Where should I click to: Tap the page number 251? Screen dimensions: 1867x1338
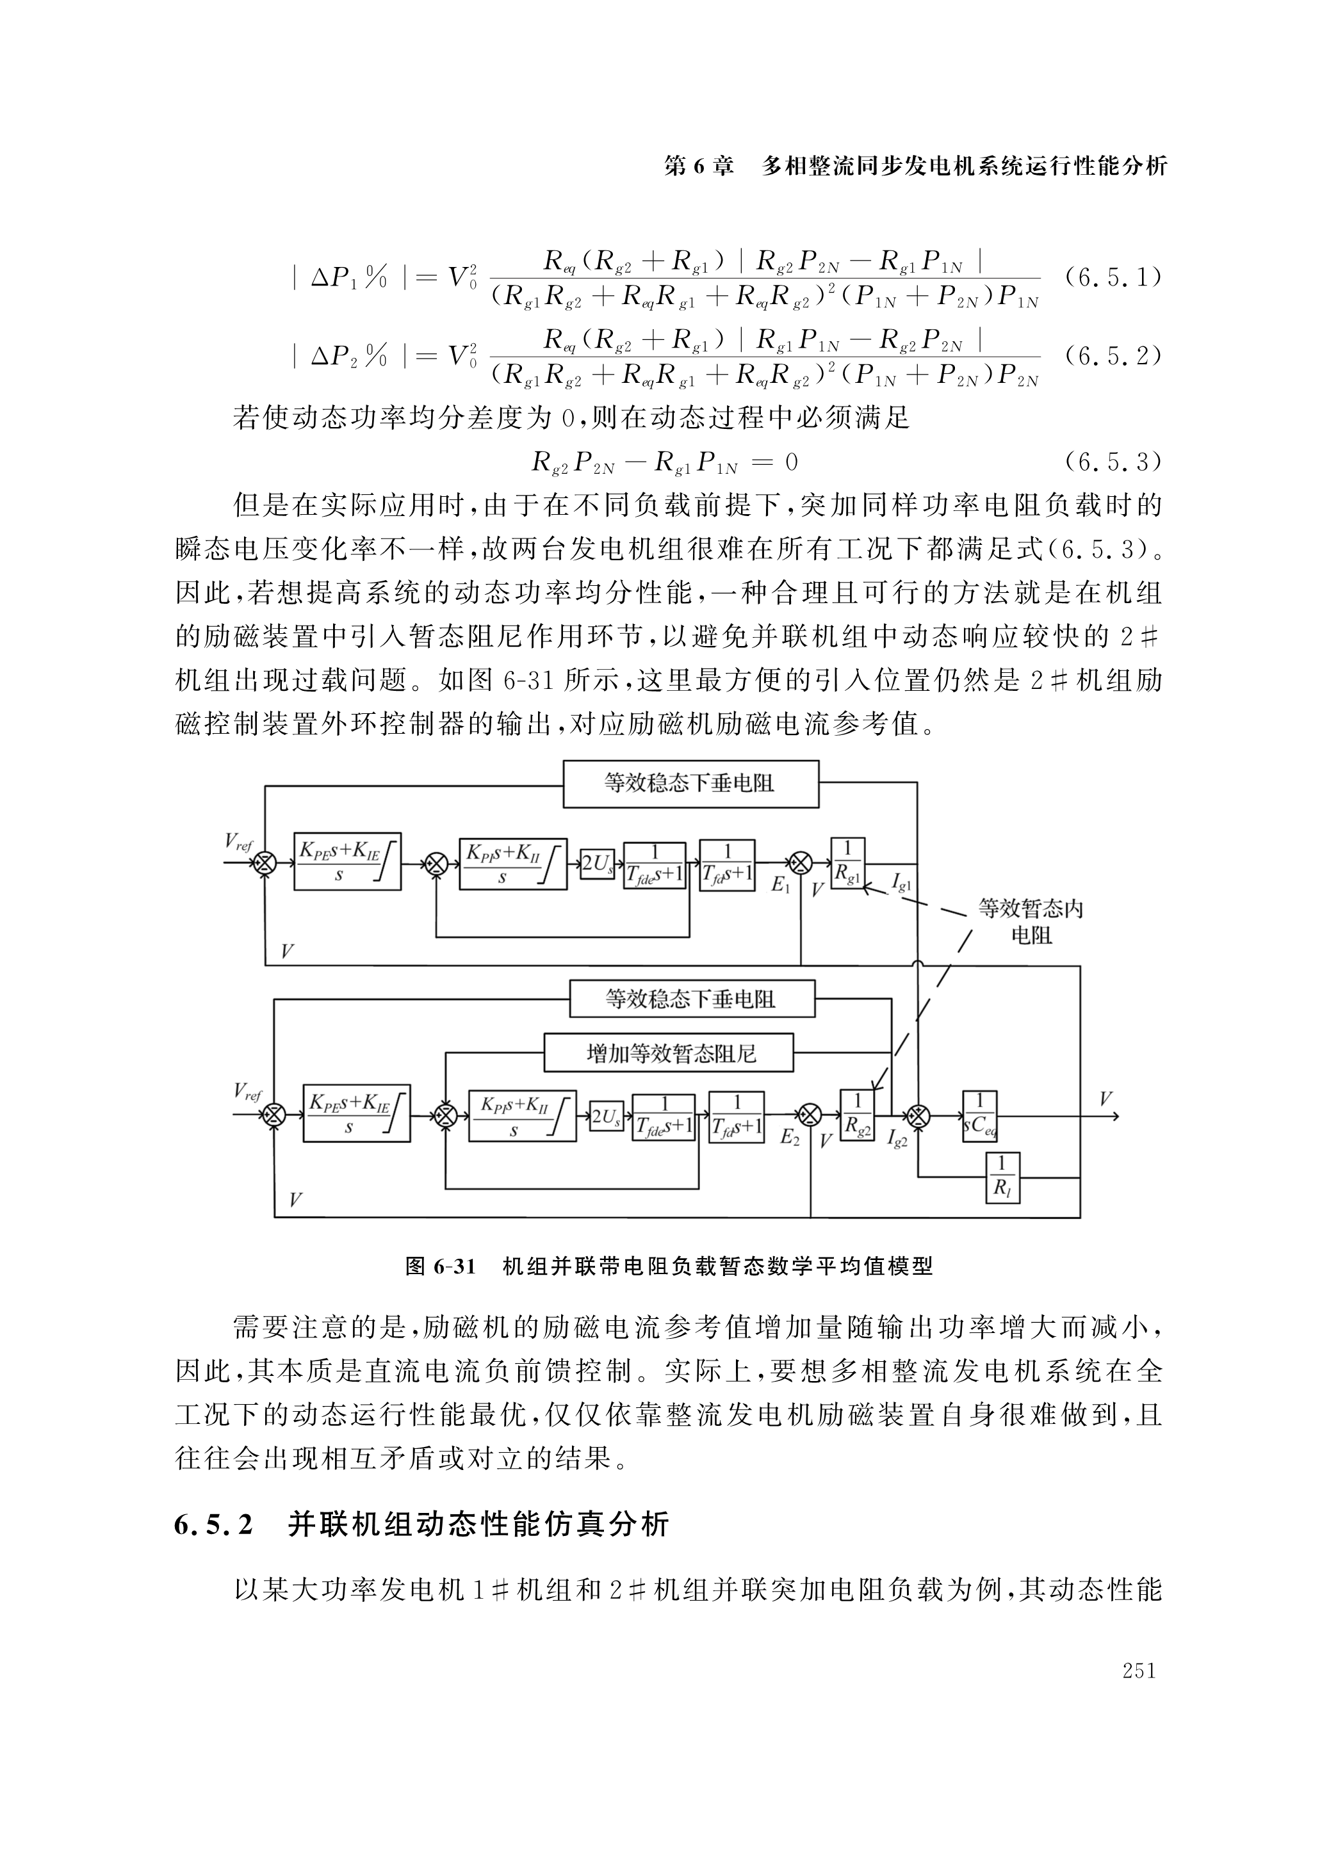[1139, 1670]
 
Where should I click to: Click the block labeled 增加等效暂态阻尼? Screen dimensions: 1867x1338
[669, 1053]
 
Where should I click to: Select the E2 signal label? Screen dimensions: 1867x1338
[790, 1137]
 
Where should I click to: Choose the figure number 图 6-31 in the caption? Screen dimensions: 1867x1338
[441, 1266]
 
